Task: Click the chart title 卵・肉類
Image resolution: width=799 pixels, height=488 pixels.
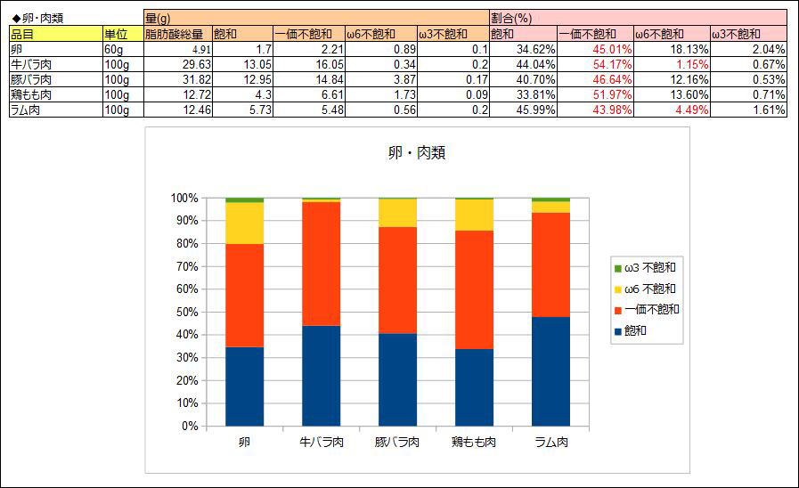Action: point(417,152)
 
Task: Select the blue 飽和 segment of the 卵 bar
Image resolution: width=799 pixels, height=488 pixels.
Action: point(245,386)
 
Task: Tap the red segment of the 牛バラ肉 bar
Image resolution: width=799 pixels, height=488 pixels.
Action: point(321,264)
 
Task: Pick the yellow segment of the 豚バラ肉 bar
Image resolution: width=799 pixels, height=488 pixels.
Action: point(397,213)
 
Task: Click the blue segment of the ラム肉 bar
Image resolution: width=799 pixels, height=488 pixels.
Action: point(550,371)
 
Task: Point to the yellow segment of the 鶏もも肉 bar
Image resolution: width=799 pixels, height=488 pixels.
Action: point(475,215)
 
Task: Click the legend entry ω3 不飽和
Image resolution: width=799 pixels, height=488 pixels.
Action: point(645,268)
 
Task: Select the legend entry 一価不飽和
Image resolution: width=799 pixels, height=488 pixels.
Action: point(647,310)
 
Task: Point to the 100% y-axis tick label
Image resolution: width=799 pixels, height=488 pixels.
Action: point(184,199)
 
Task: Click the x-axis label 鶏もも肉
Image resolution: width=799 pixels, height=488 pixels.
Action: point(474,442)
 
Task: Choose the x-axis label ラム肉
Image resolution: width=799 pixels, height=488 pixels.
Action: point(551,442)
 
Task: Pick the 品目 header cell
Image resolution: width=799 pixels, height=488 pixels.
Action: point(56,34)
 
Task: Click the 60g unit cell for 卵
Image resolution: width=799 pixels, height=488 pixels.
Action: point(123,49)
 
